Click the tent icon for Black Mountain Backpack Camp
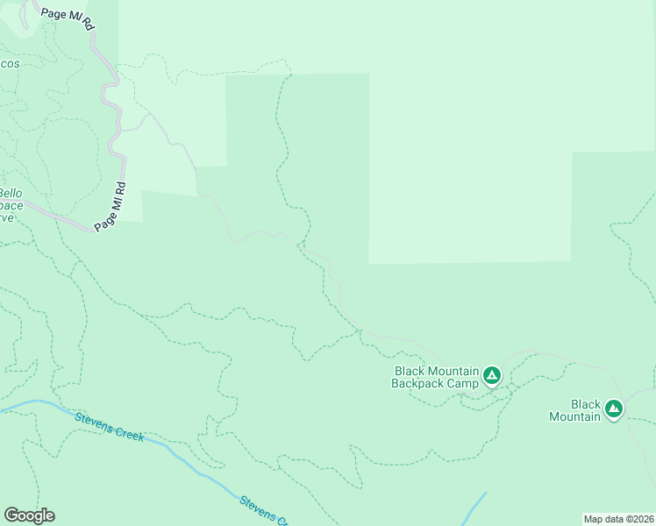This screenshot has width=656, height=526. [x=492, y=377]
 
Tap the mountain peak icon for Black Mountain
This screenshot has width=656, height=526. [x=614, y=409]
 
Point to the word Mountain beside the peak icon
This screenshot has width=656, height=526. [x=574, y=416]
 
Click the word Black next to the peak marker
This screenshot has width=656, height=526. [x=586, y=405]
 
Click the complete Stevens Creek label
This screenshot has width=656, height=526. [x=109, y=426]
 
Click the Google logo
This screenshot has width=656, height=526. [x=29, y=515]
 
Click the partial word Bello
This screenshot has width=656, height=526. [x=11, y=193]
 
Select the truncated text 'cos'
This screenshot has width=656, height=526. [x=10, y=64]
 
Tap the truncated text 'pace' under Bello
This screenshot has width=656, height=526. [x=11, y=205]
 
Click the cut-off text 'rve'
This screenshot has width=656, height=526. [x=6, y=217]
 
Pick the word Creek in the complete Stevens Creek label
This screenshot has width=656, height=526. [x=128, y=431]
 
